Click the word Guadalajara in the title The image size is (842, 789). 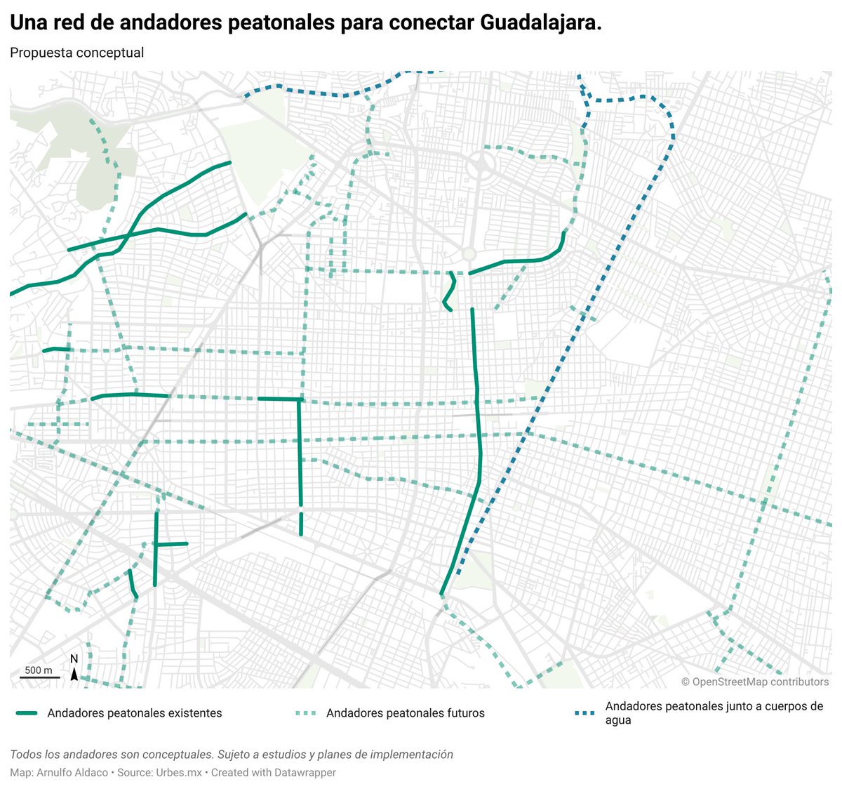(540, 23)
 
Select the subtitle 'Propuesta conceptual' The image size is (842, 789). (76, 53)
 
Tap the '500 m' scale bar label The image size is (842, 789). (39, 670)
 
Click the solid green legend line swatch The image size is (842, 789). (26, 713)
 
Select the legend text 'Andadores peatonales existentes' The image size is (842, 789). (135, 713)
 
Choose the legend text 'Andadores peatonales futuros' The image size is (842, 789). (406, 713)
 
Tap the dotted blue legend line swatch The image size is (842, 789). (585, 713)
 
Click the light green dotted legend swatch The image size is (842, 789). (305, 713)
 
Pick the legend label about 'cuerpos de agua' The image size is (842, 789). (714, 713)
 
